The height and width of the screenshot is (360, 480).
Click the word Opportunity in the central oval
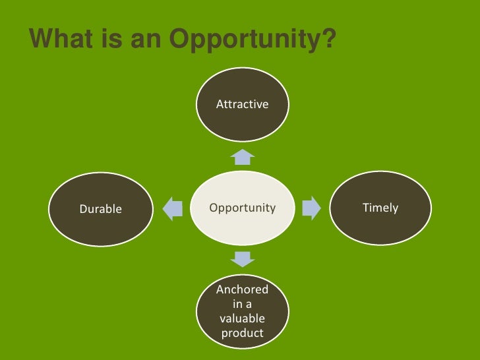tap(242, 208)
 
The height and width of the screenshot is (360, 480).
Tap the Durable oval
tap(102, 209)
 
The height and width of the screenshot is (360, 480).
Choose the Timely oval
tap(380, 208)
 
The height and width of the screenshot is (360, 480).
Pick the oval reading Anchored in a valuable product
tap(242, 311)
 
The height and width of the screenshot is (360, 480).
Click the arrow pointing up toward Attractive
tap(243, 157)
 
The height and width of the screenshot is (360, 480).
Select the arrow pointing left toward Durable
tap(172, 208)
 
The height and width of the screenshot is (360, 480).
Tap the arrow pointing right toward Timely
tap(311, 208)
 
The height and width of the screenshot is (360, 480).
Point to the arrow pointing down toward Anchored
tap(243, 258)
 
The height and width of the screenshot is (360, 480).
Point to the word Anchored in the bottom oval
tap(242, 289)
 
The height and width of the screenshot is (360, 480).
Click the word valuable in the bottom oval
tap(242, 318)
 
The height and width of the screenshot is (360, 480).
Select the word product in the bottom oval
tap(242, 334)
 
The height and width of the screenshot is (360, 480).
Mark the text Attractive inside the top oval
tap(242, 104)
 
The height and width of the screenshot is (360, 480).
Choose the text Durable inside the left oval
tap(101, 210)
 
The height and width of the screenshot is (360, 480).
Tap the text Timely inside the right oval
tap(380, 208)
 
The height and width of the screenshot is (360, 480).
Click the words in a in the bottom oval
tap(242, 304)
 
